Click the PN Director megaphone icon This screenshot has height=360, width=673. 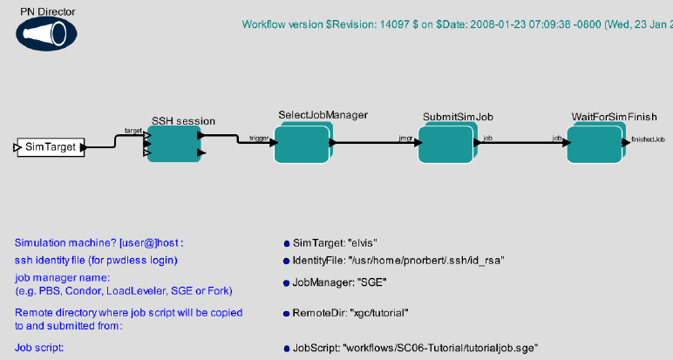point(45,33)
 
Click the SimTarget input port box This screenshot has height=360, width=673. point(51,147)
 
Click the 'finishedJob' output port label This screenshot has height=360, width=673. point(649,139)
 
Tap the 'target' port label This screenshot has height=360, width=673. point(134,130)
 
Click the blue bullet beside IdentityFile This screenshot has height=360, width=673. point(286,261)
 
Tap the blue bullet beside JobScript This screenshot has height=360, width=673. point(286,348)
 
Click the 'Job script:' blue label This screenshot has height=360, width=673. point(40,348)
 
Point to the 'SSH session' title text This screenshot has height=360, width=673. point(183,121)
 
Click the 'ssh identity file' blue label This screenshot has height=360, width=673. point(96,261)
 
